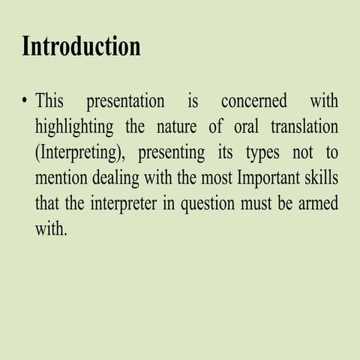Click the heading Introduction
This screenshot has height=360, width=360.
(x=81, y=46)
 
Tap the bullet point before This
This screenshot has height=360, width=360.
(x=25, y=101)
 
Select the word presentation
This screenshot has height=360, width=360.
(x=125, y=101)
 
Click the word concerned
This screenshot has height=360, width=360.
(x=253, y=101)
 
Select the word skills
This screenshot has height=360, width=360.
(x=319, y=178)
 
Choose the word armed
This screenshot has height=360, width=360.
(x=319, y=204)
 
